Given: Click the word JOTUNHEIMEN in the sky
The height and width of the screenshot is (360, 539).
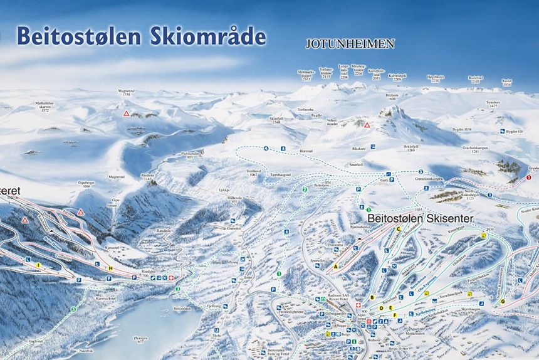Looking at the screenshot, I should [x=350, y=44].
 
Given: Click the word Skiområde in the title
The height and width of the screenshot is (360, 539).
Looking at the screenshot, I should [x=208, y=36].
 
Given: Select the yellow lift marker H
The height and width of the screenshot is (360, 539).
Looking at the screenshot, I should [x=110, y=268].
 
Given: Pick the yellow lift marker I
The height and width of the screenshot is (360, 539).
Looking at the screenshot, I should [x=38, y=265].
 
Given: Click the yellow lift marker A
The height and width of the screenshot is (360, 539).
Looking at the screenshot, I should [x=335, y=267].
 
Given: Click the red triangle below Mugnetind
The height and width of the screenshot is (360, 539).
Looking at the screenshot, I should [x=126, y=114].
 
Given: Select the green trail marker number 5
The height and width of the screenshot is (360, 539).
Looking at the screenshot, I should [x=73, y=309].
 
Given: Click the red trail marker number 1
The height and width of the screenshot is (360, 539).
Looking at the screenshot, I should [x=528, y=177].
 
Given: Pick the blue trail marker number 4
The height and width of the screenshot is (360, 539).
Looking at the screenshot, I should [x=266, y=149].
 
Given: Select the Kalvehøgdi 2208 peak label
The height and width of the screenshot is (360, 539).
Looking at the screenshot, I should [x=397, y=77].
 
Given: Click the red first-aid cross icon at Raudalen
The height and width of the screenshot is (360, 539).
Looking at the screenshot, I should [x=172, y=277].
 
